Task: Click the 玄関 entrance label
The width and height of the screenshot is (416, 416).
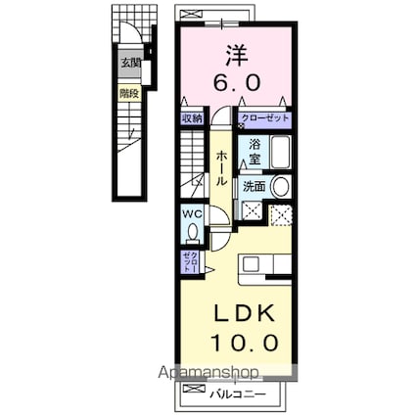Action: [129, 64]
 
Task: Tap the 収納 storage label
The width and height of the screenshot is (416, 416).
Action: [192, 118]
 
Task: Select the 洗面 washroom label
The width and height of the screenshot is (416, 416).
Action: [254, 185]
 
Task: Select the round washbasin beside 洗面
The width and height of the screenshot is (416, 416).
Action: [280, 186]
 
